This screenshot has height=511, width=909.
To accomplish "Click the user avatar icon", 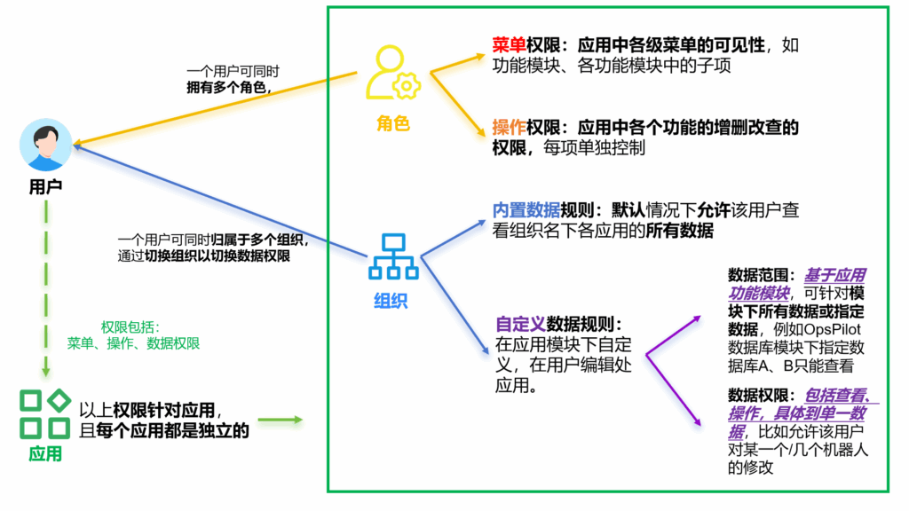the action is click(x=46, y=145).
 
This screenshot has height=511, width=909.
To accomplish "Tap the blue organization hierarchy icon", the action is click(x=393, y=256).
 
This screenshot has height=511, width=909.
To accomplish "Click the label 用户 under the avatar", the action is click(x=46, y=186).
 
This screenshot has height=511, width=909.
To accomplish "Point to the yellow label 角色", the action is click(x=393, y=122).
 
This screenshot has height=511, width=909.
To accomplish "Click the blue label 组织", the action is click(x=391, y=300).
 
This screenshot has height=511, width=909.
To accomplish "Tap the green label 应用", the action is click(x=45, y=453).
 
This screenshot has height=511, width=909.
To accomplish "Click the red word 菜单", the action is click(x=509, y=44).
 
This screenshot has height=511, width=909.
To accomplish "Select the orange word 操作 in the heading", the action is click(x=509, y=127).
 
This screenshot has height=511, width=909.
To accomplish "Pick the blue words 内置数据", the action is click(x=526, y=209).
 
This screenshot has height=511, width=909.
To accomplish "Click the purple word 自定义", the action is click(x=520, y=324).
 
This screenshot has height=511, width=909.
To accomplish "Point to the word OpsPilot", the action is click(x=832, y=330).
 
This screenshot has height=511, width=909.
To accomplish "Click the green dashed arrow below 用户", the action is click(x=46, y=288).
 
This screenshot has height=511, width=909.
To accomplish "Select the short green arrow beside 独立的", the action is click(x=281, y=420).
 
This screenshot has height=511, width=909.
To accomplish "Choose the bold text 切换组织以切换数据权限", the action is click(x=217, y=256).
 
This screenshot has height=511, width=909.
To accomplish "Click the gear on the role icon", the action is click(x=407, y=86).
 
